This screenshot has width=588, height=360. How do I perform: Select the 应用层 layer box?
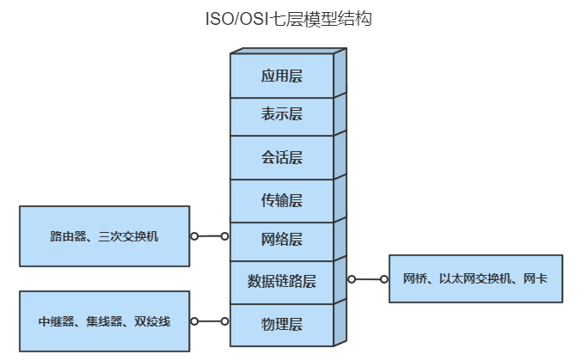click(x=282, y=76)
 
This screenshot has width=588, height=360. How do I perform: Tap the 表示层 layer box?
click(x=282, y=115)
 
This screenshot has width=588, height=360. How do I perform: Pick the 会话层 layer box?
click(x=282, y=157)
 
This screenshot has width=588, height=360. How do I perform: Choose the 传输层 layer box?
click(x=282, y=200)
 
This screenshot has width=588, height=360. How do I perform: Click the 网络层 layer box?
click(x=282, y=238)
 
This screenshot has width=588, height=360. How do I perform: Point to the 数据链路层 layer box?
click(x=282, y=281)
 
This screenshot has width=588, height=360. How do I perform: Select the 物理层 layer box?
click(x=282, y=324)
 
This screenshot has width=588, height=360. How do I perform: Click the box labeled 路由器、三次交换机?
click(x=104, y=235)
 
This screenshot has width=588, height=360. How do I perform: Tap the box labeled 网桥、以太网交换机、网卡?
click(x=475, y=278)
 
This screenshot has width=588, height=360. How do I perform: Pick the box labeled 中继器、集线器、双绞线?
click(x=104, y=321)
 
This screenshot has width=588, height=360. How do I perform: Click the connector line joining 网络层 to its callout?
click(x=209, y=235)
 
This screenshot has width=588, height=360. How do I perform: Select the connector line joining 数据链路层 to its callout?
click(x=368, y=279)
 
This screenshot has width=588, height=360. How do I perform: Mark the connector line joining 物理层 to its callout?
click(x=209, y=321)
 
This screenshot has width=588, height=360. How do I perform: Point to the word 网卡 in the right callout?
click(x=536, y=278)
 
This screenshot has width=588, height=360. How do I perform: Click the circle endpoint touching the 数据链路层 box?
click(x=352, y=279)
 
